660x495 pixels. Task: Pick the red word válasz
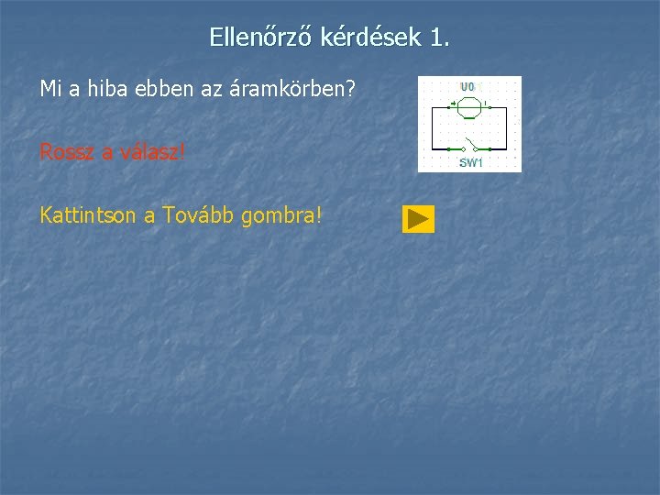pos(149,152)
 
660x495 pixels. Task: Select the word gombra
pos(284,216)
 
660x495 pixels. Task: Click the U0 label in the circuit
pos(467,87)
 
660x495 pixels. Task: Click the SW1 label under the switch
pos(471,163)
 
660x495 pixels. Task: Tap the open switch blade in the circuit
pos(470,145)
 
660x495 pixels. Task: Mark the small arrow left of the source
pos(453,104)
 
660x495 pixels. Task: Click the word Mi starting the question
pos(49,90)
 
